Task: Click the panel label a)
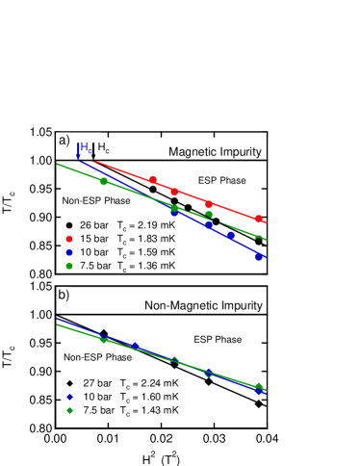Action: coord(64,141)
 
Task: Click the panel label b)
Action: coord(64,295)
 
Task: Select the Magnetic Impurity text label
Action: coord(214,151)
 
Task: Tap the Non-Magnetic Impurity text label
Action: coord(203,305)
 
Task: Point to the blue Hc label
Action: coord(87,147)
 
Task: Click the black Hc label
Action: coord(104,147)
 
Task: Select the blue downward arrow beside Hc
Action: coord(78,150)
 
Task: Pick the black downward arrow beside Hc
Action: coord(94,150)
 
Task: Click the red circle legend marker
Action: coord(69,239)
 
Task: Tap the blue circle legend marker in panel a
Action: coord(69,252)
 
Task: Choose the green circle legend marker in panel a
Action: coord(69,266)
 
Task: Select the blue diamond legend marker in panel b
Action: coord(69,397)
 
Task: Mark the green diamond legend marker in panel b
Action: coord(69,410)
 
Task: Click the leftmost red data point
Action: coord(153,180)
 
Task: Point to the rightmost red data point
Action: coord(258,220)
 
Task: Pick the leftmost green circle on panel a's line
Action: coord(104,182)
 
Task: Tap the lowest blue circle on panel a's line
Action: coord(258,257)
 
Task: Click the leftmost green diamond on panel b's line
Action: coord(104,339)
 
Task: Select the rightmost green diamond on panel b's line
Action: coord(258,386)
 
